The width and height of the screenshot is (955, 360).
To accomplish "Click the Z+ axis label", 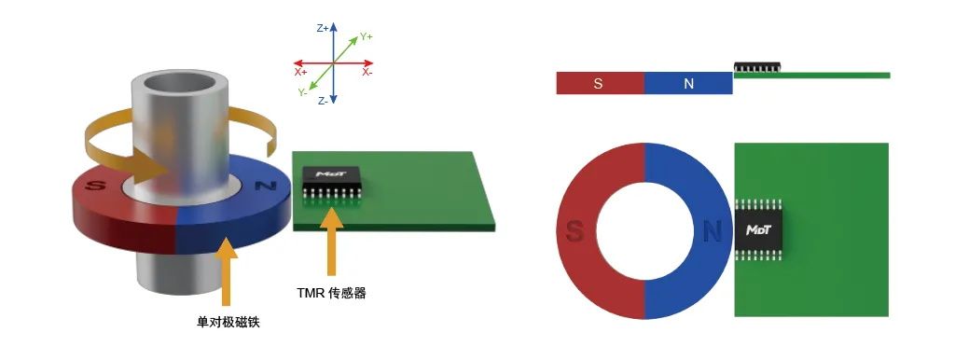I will point(323,29).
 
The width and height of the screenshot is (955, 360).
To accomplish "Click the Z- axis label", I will point(323,100).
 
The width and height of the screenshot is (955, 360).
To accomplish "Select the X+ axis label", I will point(300,72).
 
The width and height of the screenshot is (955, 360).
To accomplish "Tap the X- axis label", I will point(367,72).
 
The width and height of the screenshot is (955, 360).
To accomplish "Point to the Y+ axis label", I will point(366,36).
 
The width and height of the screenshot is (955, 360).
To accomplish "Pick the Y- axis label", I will point(303,91).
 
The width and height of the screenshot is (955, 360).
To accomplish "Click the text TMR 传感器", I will point(331,293).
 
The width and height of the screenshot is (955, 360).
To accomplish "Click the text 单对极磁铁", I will point(228,322).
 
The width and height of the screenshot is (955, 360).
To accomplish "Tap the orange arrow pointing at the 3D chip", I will point(327,242).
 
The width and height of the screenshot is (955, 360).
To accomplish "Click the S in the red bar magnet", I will point(598,84).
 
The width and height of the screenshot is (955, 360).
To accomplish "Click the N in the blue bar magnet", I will point(688,84).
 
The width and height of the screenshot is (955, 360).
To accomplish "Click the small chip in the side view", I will point(757,67).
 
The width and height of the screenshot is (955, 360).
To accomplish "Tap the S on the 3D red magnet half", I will point(95,187).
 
